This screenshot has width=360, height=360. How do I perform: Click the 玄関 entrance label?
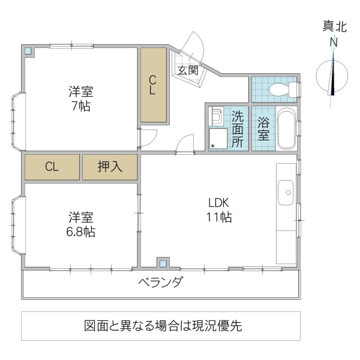pyautogui.click(x=187, y=70)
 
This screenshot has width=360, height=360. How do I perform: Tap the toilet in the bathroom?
pyautogui.click(x=281, y=90)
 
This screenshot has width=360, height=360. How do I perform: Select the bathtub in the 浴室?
pyautogui.click(x=286, y=129)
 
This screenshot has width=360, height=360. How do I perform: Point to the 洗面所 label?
pyautogui.click(x=238, y=129)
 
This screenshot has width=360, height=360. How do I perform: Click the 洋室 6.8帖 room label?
pyautogui.click(x=80, y=224)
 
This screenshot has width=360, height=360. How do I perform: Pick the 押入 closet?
pyautogui.click(x=110, y=167)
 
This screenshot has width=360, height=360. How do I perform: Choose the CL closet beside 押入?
pyautogui.click(x=52, y=167)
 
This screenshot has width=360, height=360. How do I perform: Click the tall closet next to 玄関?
pyautogui.click(x=153, y=85)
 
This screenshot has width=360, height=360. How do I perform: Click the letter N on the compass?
pyautogui.click(x=334, y=42)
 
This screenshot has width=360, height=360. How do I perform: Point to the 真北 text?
pyautogui.click(x=334, y=26)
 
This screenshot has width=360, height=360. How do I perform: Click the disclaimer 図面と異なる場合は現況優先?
pyautogui.click(x=163, y=326)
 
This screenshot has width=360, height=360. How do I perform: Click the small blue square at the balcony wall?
pyautogui.click(x=161, y=263)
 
